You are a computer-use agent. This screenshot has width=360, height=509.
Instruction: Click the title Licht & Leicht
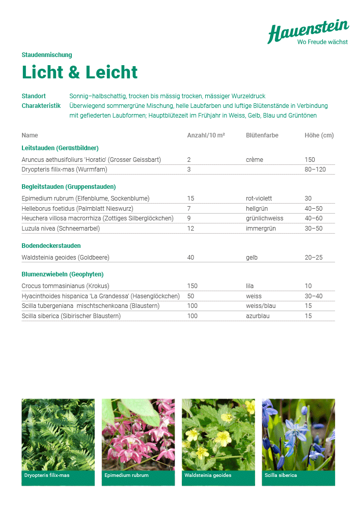pyautogui.click(x=79, y=72)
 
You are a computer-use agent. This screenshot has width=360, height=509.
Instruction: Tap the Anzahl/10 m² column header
pyautogui.click(x=206, y=135)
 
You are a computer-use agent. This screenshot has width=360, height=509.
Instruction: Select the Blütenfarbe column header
pyautogui.click(x=262, y=135)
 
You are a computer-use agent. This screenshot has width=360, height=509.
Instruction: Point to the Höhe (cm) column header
pyautogui.click(x=319, y=135)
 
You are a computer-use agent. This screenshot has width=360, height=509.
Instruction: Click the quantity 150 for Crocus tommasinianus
pyautogui.click(x=192, y=286)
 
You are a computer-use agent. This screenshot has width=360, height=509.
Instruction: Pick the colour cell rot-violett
pyautogui.click(x=259, y=199)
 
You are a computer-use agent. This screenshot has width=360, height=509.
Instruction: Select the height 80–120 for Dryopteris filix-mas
pyautogui.click(x=315, y=169)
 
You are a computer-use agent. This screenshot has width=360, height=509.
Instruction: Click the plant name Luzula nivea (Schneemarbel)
pyautogui.click(x=61, y=229)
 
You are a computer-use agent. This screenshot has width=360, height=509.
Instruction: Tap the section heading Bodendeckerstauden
pyautogui.click(x=51, y=246)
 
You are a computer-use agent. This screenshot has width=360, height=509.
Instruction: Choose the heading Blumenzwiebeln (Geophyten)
pyautogui.click(x=63, y=274)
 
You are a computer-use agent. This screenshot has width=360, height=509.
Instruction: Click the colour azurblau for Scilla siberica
pyautogui.click(x=257, y=316)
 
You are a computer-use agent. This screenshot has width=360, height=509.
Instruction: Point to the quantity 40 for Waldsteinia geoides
pyautogui.click(x=190, y=258)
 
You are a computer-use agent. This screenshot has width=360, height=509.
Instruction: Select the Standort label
pyautogui.click(x=34, y=96)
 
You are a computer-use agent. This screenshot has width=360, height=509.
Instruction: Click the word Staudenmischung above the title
pyautogui.click(x=47, y=55)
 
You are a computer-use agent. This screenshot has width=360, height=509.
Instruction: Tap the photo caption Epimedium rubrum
pyautogui.click(x=126, y=475)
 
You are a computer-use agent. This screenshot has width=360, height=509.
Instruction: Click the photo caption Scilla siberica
pyautogui.click(x=281, y=475)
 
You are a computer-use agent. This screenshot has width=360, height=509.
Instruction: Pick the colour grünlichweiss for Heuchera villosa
pyautogui.click(x=264, y=218)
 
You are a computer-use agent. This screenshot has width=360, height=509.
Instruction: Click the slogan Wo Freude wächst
pyautogui.click(x=322, y=42)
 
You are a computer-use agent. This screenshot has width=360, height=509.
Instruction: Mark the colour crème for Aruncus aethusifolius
pyautogui.click(x=254, y=160)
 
